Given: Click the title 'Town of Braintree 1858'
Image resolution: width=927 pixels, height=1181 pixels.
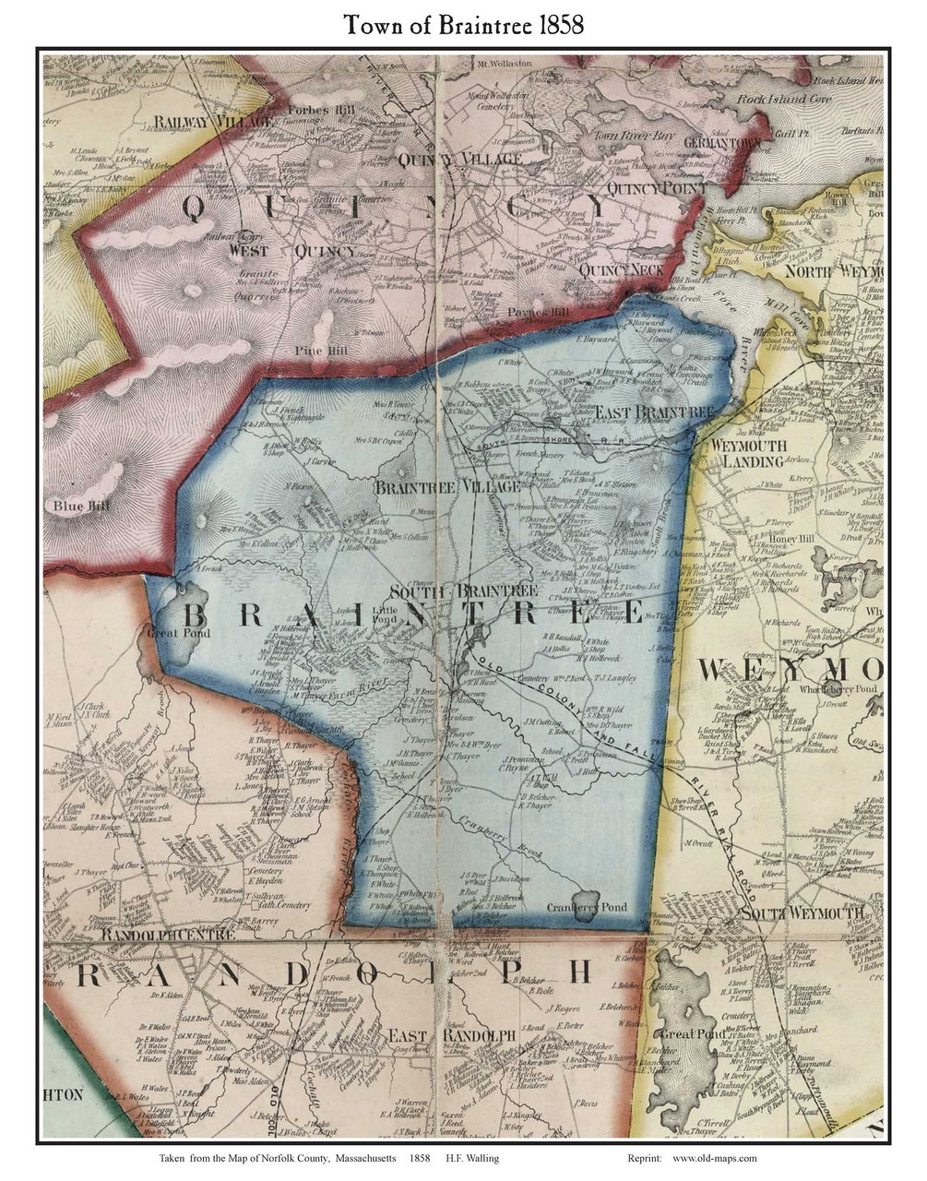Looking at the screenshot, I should [463, 25].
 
